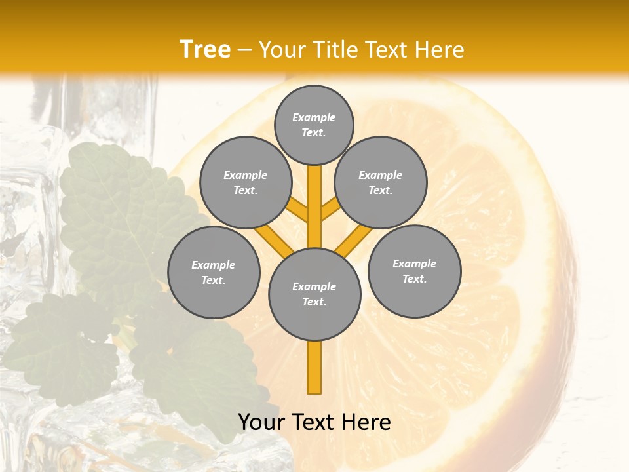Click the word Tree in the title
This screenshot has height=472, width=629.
point(205,49)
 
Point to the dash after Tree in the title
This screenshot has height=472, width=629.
point(244,50)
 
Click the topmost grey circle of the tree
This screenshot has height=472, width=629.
point(314,125)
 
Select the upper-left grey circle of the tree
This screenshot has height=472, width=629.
point(246,182)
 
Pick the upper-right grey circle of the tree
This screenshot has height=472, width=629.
point(381,182)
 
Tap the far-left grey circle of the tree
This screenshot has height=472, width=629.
point(214,272)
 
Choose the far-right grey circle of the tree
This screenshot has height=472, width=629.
point(415,271)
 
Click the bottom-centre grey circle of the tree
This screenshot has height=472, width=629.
point(314,294)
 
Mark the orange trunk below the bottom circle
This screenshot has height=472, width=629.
point(314,367)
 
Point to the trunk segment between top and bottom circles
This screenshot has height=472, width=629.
point(314,206)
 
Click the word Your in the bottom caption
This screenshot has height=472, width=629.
point(260,422)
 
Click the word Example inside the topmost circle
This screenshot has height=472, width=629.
point(314,117)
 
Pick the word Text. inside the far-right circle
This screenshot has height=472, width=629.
point(414,279)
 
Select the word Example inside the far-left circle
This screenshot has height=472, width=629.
point(213,265)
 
